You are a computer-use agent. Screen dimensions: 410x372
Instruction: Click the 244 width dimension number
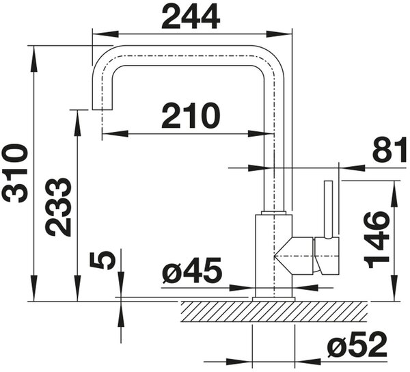[191, 17]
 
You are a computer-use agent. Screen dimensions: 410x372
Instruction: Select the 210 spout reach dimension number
[191, 116]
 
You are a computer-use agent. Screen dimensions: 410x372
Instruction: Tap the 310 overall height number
[14, 173]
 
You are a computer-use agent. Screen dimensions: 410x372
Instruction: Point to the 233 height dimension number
[58, 207]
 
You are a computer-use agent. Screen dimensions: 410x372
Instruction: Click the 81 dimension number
[389, 150]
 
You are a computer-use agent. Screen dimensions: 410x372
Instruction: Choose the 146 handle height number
[377, 241]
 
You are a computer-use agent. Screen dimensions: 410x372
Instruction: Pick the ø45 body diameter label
[192, 271]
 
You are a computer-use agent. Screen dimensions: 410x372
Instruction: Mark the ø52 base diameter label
[357, 344]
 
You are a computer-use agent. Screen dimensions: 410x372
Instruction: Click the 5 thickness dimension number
[102, 261]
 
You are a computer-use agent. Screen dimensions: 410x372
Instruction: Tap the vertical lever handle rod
[329, 209]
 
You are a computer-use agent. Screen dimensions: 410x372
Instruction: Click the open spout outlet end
[102, 109]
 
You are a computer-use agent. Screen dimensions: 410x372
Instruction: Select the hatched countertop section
[274, 312]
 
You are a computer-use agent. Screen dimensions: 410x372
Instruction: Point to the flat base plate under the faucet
[273, 300]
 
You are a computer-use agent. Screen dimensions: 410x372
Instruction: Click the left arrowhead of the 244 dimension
[106, 34]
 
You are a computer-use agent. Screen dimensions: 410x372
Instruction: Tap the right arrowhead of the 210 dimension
[261, 133]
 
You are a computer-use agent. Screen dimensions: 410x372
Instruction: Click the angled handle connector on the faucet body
[293, 256]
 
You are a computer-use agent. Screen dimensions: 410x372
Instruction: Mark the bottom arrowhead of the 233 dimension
[77, 289]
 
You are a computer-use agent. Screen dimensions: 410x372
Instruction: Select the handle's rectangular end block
[327, 256]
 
